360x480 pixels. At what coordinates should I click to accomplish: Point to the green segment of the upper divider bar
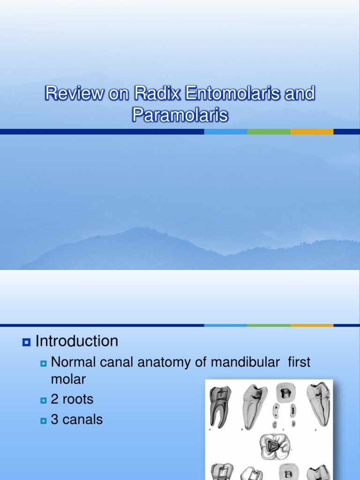[x=269, y=132]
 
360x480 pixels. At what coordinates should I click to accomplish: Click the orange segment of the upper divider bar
[x=312, y=132]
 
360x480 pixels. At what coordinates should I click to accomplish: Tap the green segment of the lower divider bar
[x=269, y=325]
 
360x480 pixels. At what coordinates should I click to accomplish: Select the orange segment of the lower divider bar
[x=312, y=325]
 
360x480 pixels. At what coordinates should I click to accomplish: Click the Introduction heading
[x=77, y=341]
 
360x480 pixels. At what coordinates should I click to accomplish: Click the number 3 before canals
[x=54, y=420]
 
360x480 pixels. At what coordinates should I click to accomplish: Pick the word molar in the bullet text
[x=68, y=379]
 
